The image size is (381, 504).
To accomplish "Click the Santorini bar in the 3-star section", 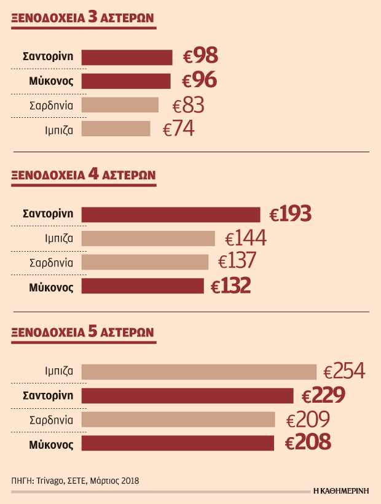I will click(x=127, y=57).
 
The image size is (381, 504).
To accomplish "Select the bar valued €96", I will click(x=126, y=81).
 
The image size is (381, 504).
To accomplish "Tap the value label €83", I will click(x=189, y=106).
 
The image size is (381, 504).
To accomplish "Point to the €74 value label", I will click(x=179, y=129).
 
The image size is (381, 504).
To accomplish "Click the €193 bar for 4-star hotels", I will click(x=171, y=214).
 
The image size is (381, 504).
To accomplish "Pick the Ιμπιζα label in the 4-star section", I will click(x=59, y=239).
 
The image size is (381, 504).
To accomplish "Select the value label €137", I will click(x=237, y=262).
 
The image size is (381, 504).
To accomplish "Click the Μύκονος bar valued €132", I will click(x=143, y=286).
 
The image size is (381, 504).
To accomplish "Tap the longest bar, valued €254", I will click(x=198, y=371).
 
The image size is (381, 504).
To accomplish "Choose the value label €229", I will click(x=323, y=395).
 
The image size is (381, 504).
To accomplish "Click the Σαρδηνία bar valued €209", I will click(x=178, y=419).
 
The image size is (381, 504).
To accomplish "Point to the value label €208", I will click(x=309, y=443).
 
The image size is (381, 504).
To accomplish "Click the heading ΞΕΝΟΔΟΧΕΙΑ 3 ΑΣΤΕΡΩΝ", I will click(x=83, y=21).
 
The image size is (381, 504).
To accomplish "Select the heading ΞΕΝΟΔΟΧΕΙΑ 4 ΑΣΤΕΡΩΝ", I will click(x=83, y=175).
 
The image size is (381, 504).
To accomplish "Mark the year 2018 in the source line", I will click(x=128, y=481).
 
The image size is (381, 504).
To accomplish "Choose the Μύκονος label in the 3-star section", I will click(x=51, y=81).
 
